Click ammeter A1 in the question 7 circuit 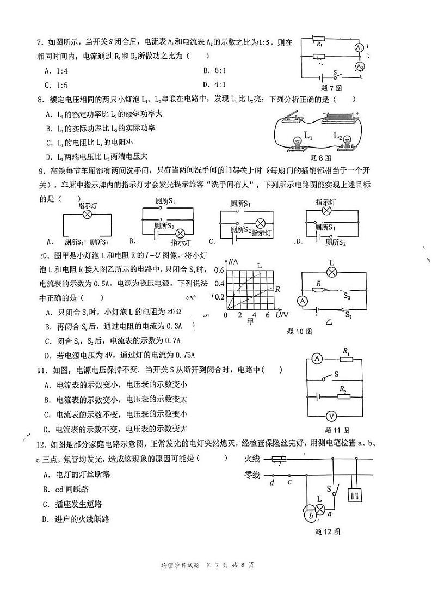(359, 48)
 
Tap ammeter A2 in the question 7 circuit (360, 66)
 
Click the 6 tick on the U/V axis (267, 315)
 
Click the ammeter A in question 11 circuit (317, 358)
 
